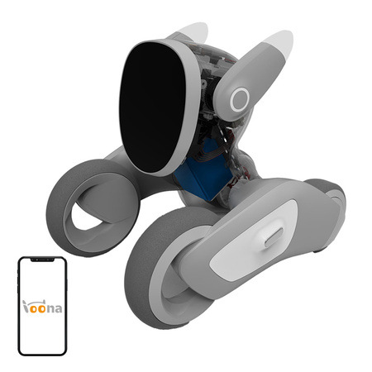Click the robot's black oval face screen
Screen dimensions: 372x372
click(153, 103)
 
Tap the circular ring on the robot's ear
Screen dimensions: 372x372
click(241, 98)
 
